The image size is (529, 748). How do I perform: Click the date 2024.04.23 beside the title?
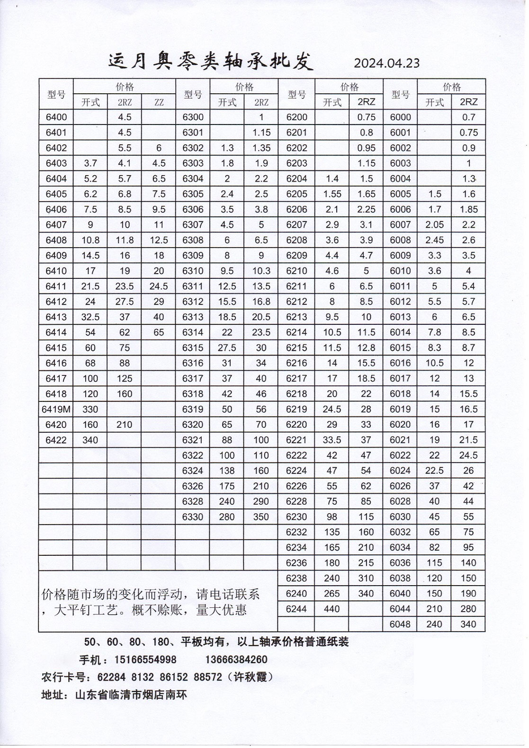pyautogui.click(x=386, y=63)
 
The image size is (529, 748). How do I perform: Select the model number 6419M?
pyautogui.click(x=56, y=409)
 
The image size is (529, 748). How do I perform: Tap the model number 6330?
pyautogui.click(x=193, y=516)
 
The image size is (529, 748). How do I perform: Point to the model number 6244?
pyautogui.click(x=296, y=609)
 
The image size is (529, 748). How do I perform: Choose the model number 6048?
pyautogui.click(x=400, y=624)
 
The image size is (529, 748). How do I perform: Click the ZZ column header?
pyautogui.click(x=159, y=102)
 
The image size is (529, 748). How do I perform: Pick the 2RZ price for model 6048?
pyautogui.click(x=468, y=624)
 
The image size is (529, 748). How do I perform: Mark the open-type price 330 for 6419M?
pyautogui.click(x=90, y=409)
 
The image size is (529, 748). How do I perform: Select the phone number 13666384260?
pyautogui.click(x=236, y=659)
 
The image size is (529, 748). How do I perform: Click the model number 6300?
pyautogui.click(x=193, y=117)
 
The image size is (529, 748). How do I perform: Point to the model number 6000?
pyautogui.click(x=400, y=117)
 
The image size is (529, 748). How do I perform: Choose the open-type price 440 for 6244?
pyautogui.click(x=332, y=609)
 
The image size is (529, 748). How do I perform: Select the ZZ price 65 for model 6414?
pyautogui.click(x=159, y=332)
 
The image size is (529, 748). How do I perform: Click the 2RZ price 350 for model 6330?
pyautogui.click(x=261, y=516)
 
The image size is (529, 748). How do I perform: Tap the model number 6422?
pyautogui.click(x=56, y=440)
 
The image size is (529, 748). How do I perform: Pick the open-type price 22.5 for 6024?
pyautogui.click(x=434, y=471)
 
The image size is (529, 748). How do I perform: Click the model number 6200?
pyautogui.click(x=296, y=117)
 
